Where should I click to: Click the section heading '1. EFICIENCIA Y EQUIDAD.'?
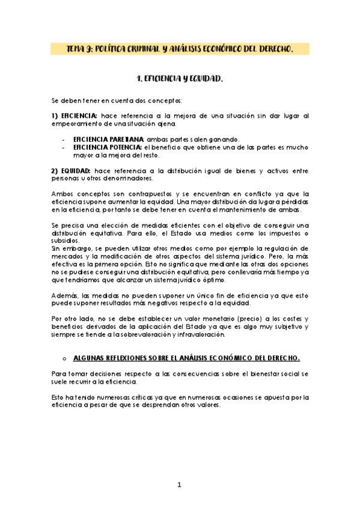pos(180,78)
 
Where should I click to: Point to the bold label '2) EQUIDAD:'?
pos(71,171)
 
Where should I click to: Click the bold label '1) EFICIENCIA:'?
pos(75,115)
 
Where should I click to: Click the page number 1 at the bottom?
pos(178,485)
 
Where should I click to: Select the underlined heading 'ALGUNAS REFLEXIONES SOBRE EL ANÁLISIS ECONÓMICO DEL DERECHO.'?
pos(186,358)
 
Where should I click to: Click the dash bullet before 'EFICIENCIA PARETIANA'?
pos(64,139)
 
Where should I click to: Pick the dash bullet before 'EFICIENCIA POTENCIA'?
pos(64,147)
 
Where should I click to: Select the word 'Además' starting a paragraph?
pos(64,295)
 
